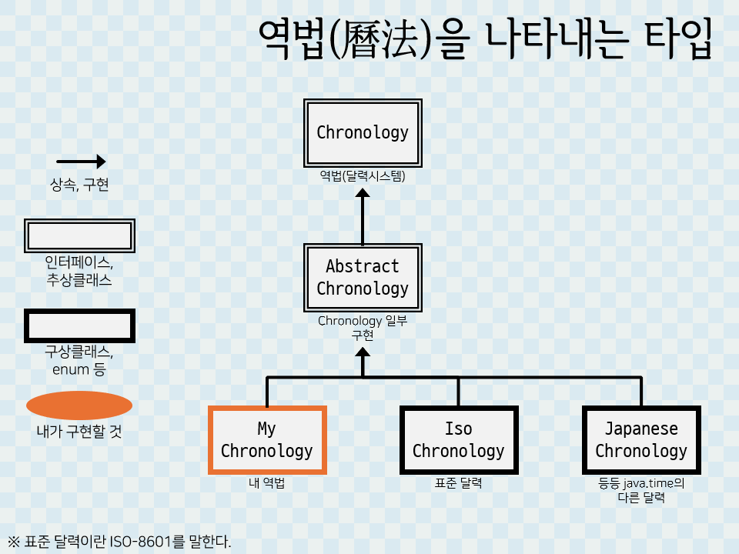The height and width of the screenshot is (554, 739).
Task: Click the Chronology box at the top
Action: [363, 132]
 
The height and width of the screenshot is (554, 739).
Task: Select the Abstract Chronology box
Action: [363, 278]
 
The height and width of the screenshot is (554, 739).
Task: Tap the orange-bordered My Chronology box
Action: [267, 439]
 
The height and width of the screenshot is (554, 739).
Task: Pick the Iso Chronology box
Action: [458, 439]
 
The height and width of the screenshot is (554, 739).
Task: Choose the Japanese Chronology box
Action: [641, 439]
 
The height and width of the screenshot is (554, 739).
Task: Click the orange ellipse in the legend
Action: [79, 405]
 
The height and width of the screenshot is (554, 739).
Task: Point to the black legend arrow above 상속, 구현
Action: [81, 162]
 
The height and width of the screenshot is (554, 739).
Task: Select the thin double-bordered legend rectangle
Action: [80, 235]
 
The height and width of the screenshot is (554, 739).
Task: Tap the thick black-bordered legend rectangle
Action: [80, 325]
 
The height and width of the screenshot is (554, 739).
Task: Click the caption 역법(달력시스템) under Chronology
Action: [363, 175]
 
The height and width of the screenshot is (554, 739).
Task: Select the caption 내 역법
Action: [267, 483]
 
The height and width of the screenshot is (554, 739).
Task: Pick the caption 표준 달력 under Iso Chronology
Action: [458, 483]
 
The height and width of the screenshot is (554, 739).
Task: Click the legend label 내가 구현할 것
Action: [79, 432]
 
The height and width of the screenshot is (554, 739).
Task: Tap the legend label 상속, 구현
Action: [79, 185]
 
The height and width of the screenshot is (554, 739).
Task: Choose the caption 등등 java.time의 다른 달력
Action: [641, 490]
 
